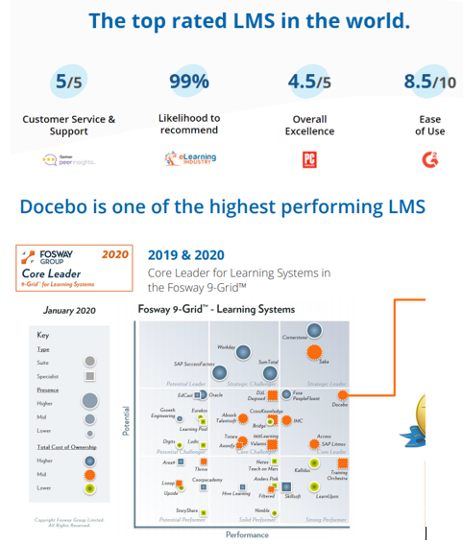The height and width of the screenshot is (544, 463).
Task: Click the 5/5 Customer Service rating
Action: [68, 83]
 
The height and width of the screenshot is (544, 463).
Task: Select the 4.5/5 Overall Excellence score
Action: [308, 83]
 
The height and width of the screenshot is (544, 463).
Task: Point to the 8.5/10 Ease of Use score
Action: [429, 83]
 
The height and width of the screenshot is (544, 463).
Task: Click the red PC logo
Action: [309, 159]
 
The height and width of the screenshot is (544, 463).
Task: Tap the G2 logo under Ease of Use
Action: [429, 159]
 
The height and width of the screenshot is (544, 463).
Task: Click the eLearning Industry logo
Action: [189, 159]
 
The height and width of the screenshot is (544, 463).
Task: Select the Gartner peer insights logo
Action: [68, 159]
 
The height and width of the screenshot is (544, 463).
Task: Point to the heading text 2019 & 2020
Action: [186, 255]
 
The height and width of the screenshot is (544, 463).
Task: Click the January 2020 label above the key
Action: [70, 311]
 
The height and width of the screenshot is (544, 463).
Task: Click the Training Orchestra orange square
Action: [343, 462]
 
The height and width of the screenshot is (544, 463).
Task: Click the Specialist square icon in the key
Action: [89, 376]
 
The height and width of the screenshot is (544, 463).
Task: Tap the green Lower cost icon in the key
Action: [89, 488]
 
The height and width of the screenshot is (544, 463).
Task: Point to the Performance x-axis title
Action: [247, 534]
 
